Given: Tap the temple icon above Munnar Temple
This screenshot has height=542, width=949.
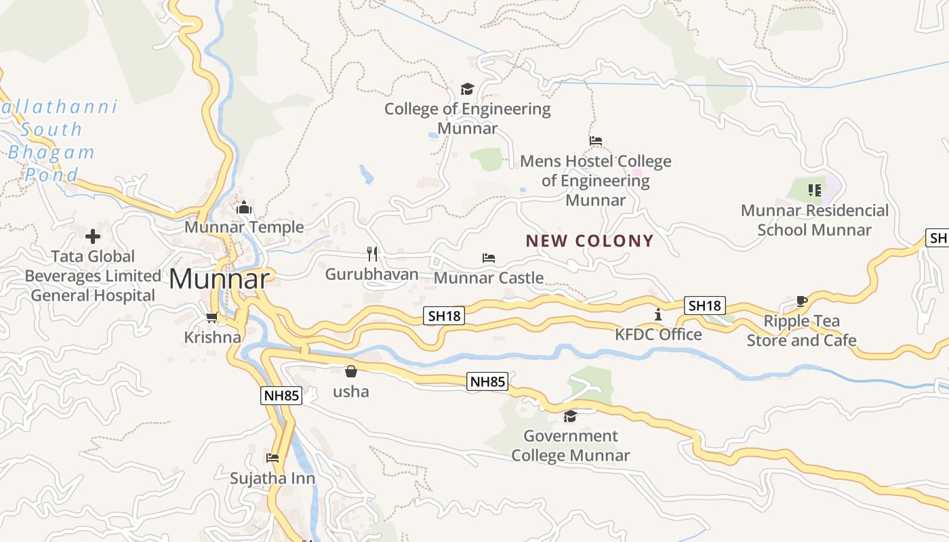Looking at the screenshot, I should (x=244, y=207).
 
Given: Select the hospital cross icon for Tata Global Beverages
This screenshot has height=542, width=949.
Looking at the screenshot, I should (x=93, y=236).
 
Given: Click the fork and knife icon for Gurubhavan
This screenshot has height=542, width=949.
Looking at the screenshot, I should (x=371, y=254).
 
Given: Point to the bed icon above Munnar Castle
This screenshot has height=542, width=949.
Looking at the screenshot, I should (x=489, y=258).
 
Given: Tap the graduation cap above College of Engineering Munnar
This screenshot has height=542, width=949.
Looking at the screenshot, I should (x=467, y=89).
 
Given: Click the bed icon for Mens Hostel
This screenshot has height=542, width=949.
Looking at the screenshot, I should (x=596, y=141).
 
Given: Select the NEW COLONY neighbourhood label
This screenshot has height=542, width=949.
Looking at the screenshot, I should (x=590, y=241).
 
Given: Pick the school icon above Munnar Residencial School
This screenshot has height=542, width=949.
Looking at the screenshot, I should (x=815, y=190).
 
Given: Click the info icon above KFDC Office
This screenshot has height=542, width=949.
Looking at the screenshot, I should (x=658, y=314).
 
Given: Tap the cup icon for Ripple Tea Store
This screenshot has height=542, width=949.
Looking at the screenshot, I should (x=802, y=301).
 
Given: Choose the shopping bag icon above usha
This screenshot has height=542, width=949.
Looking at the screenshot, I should (x=351, y=371).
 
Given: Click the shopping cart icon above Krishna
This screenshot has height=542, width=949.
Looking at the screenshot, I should (x=212, y=317).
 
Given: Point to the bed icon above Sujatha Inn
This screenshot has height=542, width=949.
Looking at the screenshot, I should (x=272, y=458).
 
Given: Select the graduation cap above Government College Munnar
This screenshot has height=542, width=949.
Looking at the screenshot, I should (x=570, y=416).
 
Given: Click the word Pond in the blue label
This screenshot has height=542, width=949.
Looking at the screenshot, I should (x=52, y=175).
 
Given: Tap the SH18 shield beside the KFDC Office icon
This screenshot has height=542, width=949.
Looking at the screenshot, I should (x=704, y=306).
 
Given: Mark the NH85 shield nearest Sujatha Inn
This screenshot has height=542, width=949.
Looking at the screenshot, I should (x=281, y=396).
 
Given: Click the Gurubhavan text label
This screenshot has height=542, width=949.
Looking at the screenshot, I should (x=371, y=274).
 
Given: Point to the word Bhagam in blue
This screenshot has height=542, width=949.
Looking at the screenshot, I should (x=52, y=152).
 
